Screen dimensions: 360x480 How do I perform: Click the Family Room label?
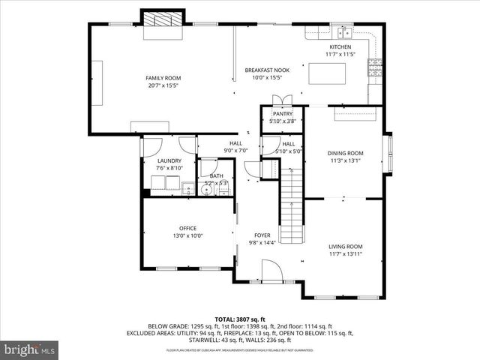tap(163, 78)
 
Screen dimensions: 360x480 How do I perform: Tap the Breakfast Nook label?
tap(266, 70)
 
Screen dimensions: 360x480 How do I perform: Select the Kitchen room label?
tap(339, 46)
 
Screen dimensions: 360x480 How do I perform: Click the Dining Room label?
tap(345, 153)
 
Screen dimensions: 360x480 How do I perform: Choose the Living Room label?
tap(345, 247)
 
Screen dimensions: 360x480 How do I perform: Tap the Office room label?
tap(187, 229)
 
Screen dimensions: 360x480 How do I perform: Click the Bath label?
tap(216, 176)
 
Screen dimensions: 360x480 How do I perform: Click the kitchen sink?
tap(345, 32)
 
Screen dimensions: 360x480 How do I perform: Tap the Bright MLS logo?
tap(30, 349)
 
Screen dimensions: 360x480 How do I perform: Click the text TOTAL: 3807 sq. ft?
tap(240, 319)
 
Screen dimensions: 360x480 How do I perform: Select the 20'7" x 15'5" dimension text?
tap(163, 85)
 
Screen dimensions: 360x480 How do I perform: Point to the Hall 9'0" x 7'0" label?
tap(235, 147)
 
